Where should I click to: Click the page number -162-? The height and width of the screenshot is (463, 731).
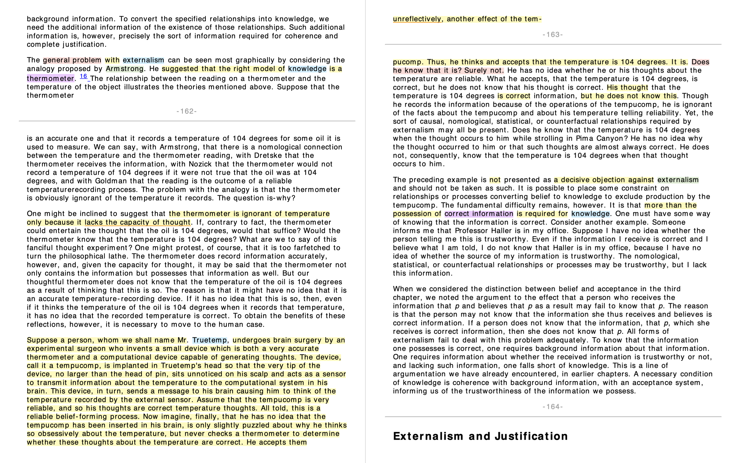[x=186, y=111]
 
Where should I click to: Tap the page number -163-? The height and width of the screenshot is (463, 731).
[x=553, y=35]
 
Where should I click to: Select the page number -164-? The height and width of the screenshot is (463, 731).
[x=553, y=407]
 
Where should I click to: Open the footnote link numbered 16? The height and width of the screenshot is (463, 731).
[x=83, y=76]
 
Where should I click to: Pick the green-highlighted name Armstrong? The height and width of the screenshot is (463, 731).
[x=125, y=69]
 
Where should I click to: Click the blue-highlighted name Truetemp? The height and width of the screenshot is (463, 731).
[x=209, y=340]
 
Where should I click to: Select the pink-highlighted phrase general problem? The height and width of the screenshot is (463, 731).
[x=72, y=60]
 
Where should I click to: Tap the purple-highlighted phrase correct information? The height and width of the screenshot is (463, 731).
[x=479, y=214]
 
